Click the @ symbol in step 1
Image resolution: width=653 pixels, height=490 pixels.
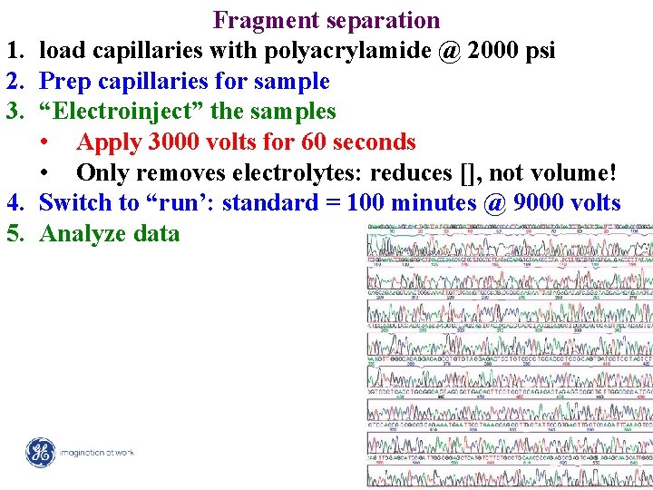point(448,51)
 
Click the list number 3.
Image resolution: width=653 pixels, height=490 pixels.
point(14,112)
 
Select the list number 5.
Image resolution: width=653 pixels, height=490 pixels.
point(14,234)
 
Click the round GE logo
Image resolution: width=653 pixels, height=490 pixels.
point(40,452)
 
